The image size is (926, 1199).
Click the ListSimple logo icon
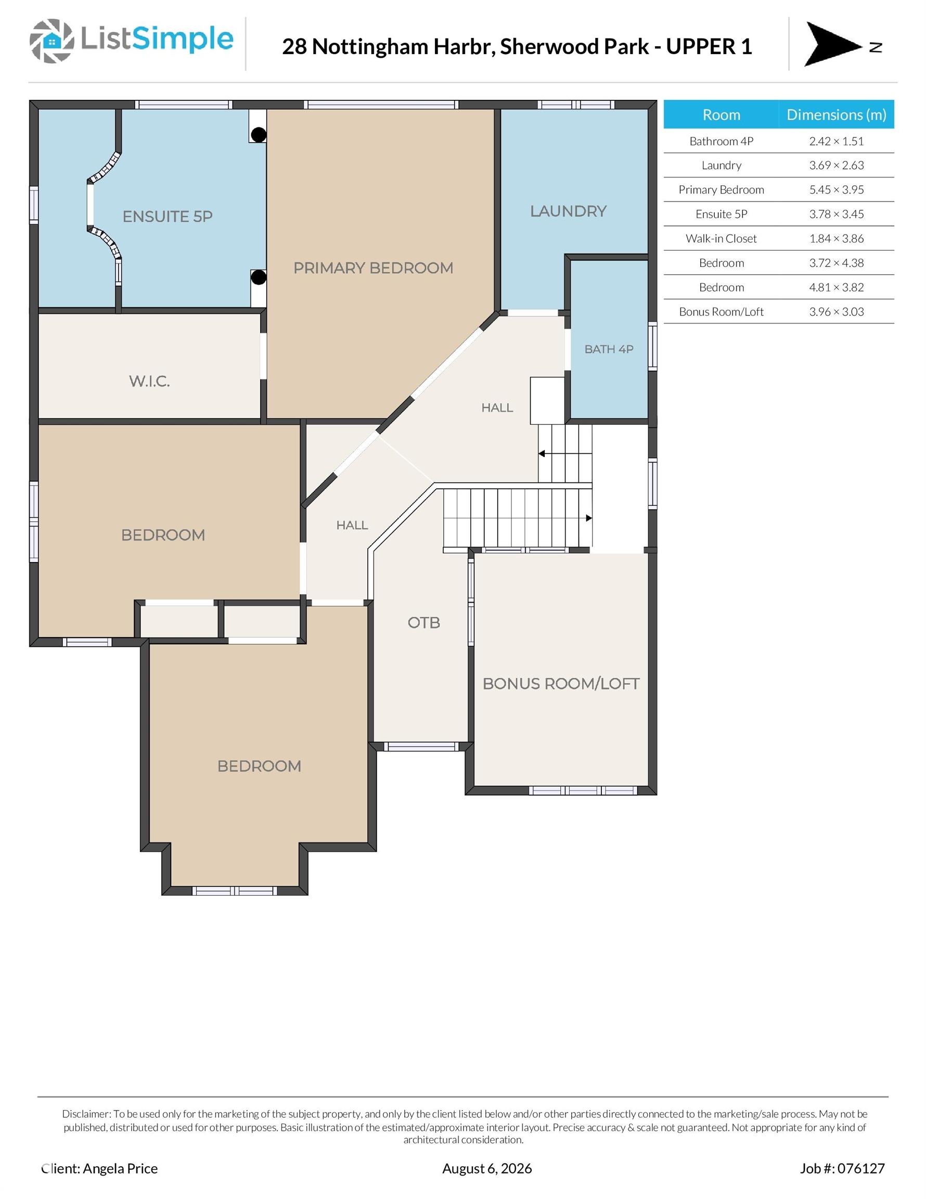pos(52,41)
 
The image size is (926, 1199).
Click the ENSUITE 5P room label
pos(168,216)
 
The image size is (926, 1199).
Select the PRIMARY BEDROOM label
pos(373,268)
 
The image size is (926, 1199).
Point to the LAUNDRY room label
pos(568,211)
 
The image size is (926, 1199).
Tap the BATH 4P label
pos(609,349)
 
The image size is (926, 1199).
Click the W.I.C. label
pos(149,381)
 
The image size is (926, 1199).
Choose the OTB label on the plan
pos(424,622)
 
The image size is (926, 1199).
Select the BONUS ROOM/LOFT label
pos(561,683)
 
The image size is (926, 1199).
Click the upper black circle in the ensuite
pos(259,134)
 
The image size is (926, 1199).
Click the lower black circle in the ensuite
pos(259,277)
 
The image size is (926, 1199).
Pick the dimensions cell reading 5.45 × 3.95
pos(836,189)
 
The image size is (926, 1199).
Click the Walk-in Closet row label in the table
pos(721,238)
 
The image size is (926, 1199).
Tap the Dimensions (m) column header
pos(836,114)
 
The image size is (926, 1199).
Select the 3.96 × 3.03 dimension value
pos(836,311)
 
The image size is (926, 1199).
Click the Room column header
pos(721,114)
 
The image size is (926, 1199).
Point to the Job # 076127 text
pos(842,1168)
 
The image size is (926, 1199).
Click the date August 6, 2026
pos(487,1168)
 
